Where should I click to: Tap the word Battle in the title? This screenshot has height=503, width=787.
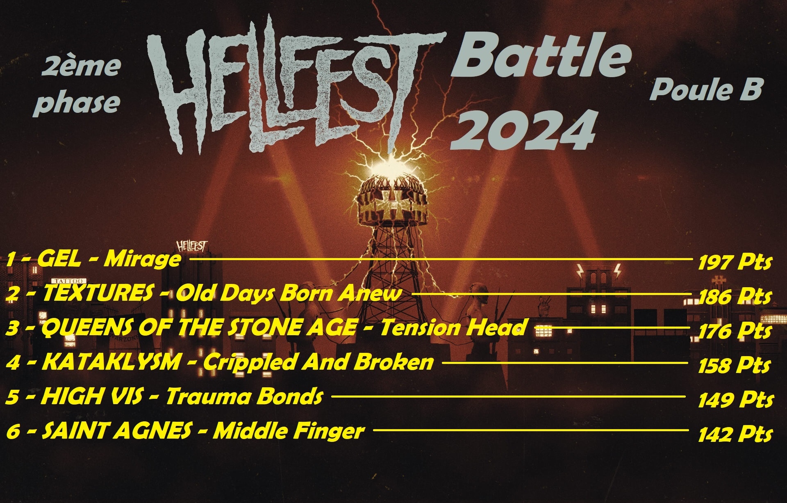pos(541,57)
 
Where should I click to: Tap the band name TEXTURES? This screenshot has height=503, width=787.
pos(98,294)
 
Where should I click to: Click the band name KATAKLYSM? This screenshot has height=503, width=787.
pos(111,362)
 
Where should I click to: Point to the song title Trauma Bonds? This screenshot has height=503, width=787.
pos(244,397)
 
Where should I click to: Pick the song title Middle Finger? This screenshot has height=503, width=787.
pos(289,431)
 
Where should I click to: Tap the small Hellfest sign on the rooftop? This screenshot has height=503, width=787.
pos(192,246)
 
